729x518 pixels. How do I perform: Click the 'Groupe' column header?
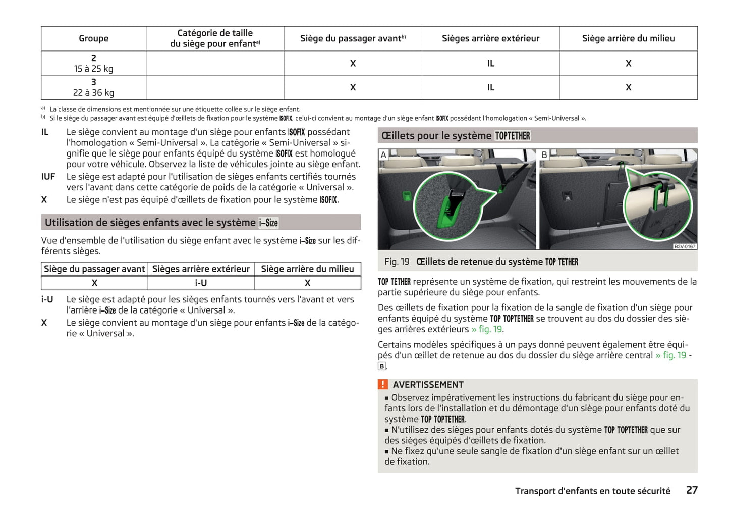[93, 38]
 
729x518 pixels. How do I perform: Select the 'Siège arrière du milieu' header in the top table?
[628, 38]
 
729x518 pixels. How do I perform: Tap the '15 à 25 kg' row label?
[93, 69]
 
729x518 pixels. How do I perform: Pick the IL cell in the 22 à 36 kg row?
[490, 87]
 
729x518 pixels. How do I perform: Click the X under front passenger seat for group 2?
[353, 63]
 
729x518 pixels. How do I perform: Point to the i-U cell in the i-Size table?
[201, 283]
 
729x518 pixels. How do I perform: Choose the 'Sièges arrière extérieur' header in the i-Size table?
[201, 269]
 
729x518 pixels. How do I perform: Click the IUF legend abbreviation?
[48, 177]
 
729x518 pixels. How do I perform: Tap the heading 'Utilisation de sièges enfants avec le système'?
[150, 223]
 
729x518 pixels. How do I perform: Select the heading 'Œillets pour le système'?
[436, 136]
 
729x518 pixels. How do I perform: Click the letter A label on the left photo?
[383, 155]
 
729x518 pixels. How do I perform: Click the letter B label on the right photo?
[544, 155]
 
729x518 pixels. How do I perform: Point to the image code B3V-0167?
[685, 246]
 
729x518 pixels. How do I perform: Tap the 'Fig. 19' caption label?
[397, 262]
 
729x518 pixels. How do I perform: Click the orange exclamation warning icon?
[383, 384]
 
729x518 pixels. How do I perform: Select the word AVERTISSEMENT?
[428, 385]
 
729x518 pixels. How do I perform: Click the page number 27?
[692, 490]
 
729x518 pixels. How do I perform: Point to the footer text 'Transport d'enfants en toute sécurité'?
[592, 491]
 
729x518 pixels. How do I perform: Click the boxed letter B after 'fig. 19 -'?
[382, 366]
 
